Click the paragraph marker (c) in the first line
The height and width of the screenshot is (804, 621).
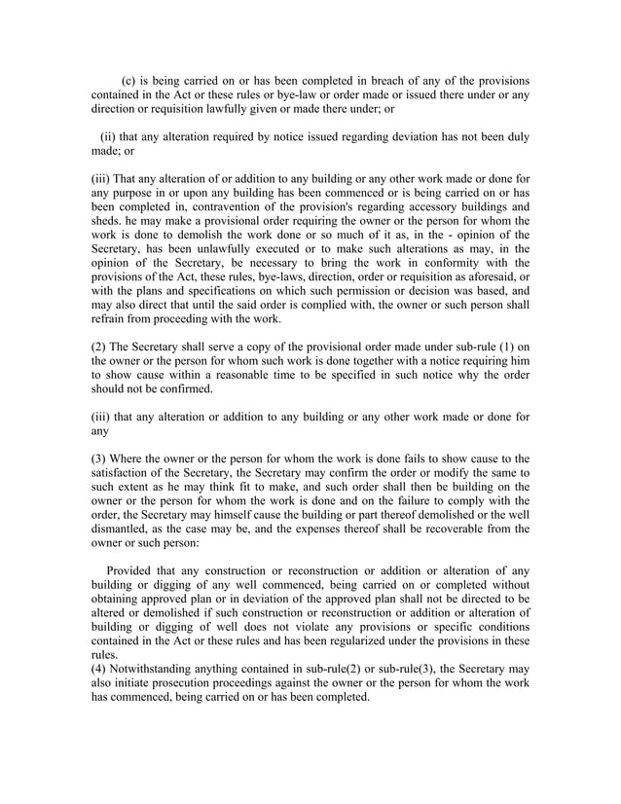(129, 79)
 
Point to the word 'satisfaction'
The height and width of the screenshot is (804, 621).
(128, 475)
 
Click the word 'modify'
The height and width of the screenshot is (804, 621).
(451, 475)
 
